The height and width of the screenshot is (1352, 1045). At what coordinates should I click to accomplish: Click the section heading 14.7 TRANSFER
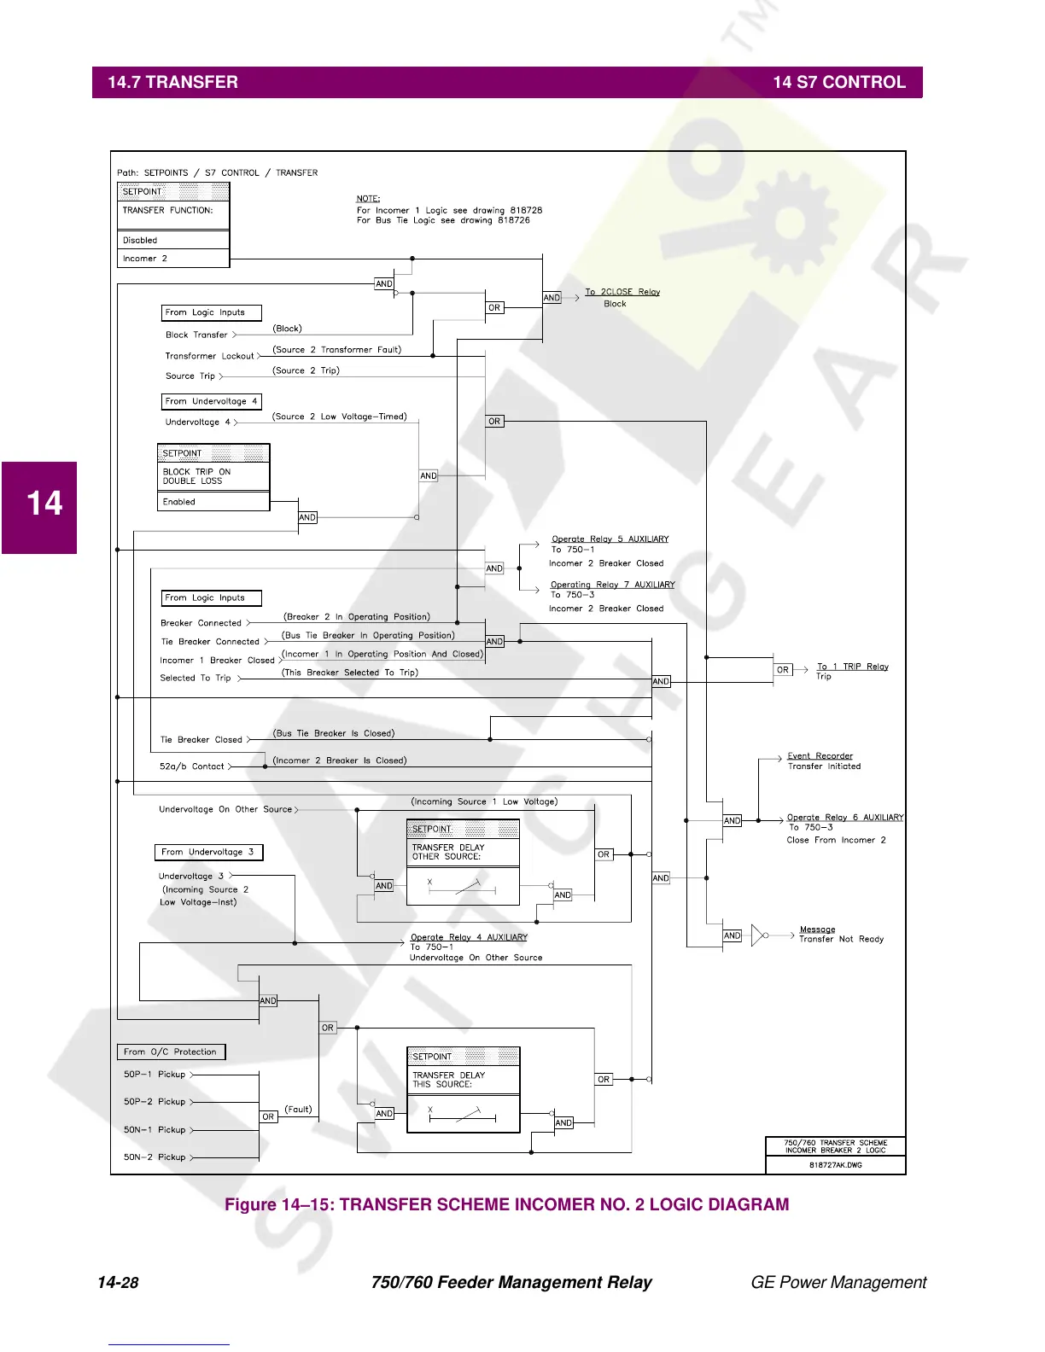(172, 83)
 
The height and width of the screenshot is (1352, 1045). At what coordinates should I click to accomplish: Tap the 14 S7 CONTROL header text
(838, 83)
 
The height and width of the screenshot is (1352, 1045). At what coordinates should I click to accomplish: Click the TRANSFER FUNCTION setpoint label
(167, 210)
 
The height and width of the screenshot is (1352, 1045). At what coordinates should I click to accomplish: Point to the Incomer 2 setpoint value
(145, 259)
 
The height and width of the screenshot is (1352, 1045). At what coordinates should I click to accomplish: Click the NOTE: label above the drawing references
(368, 199)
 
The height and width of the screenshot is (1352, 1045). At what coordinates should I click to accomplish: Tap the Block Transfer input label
(196, 335)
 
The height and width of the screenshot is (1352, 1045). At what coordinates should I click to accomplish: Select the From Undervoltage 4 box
(211, 401)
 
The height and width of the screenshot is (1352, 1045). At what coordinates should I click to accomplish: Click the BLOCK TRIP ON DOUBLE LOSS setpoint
(196, 476)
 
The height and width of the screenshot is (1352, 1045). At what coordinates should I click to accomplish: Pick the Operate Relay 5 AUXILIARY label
(610, 539)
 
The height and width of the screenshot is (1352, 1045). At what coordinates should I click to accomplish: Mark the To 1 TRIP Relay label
(852, 667)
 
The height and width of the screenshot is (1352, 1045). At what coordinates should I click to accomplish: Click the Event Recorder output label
(820, 756)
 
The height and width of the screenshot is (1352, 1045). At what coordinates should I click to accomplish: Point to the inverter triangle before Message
(757, 935)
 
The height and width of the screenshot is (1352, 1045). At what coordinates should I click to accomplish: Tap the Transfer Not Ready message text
(841, 939)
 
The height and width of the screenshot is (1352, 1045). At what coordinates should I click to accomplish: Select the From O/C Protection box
(171, 1052)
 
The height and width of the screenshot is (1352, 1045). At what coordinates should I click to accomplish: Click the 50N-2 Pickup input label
(155, 1157)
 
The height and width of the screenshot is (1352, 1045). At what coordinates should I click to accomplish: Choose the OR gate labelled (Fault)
(268, 1116)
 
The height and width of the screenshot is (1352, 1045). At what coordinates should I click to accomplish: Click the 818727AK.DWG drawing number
(835, 1165)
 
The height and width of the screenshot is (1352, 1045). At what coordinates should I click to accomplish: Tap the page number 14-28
(118, 1283)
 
